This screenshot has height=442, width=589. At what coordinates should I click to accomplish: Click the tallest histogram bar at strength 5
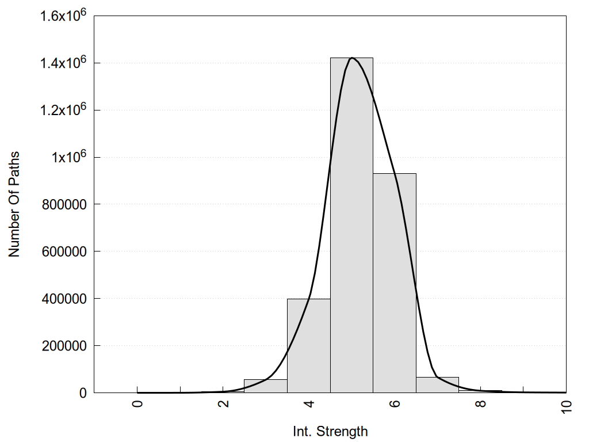351,230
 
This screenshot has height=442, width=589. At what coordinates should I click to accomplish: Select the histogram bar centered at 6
395,288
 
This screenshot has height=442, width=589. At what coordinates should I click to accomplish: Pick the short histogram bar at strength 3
266,386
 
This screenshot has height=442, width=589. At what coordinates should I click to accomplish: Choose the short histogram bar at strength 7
437,385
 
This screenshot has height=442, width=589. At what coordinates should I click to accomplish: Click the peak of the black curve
351,58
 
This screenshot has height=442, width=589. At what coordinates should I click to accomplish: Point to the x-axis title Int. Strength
330,431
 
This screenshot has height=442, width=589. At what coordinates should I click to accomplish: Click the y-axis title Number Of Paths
14,204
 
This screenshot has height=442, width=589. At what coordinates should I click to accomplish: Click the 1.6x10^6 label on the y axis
63,15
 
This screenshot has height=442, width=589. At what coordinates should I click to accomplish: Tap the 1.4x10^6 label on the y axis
63,62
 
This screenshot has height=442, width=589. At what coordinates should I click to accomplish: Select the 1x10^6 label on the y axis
68,157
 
